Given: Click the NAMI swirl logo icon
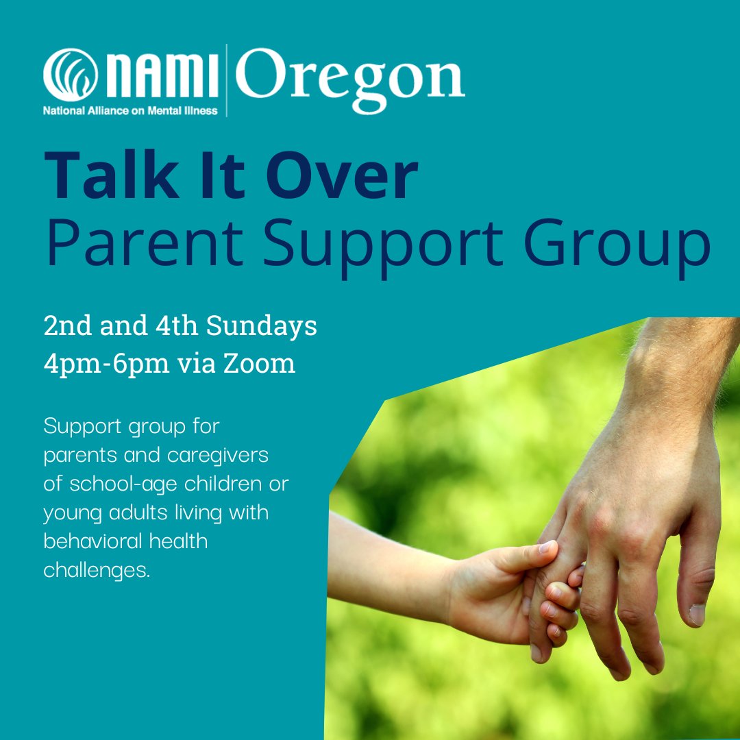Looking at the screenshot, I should point(66,77).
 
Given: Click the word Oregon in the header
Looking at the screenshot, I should point(350,79).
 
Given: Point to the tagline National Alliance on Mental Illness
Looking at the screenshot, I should point(130,110).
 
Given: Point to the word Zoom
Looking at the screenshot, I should point(265,363).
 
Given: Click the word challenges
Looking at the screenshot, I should point(97,569).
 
